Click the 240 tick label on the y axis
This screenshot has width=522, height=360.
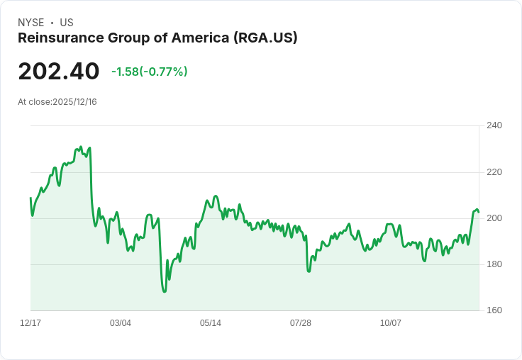click(494, 125)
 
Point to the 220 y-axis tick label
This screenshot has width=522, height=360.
click(494, 171)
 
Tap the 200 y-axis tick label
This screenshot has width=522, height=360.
click(494, 218)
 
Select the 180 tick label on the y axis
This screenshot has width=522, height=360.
click(494, 264)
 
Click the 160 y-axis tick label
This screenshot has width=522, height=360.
click(494, 310)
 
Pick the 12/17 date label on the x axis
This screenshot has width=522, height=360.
click(30, 323)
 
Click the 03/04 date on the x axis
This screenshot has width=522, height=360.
click(121, 323)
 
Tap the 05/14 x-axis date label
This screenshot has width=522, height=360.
click(211, 323)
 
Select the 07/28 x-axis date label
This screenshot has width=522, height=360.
click(301, 323)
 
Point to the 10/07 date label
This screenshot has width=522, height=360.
click(391, 323)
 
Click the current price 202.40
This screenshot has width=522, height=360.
click(59, 72)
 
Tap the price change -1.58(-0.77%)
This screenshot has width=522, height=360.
click(149, 72)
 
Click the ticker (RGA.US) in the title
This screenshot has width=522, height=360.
click(265, 38)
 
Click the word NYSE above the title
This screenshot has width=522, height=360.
click(31, 23)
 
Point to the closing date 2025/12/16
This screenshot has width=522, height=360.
click(74, 102)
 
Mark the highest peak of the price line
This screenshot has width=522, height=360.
click(80, 147)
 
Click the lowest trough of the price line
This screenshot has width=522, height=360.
click(165, 291)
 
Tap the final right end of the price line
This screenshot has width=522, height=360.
click(479, 212)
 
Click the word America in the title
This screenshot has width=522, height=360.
click(203, 38)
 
